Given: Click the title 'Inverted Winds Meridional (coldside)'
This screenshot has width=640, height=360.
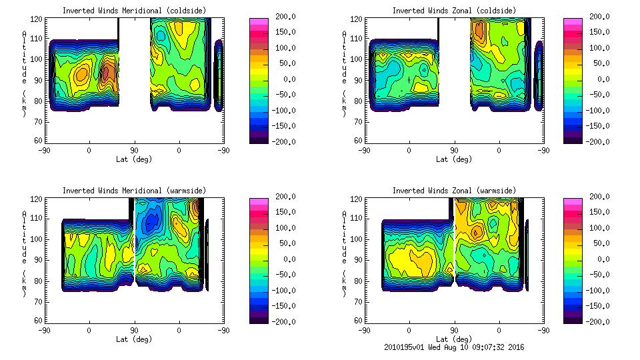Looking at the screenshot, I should click(x=134, y=11).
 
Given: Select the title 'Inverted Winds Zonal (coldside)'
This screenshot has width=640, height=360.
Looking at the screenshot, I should click(x=454, y=11).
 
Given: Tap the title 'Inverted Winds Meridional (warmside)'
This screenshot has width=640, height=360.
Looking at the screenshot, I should click(x=134, y=191).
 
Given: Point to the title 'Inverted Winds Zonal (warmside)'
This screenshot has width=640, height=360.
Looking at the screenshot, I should click(x=454, y=191).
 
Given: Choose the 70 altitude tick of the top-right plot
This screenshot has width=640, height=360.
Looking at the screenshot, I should click(x=358, y=123).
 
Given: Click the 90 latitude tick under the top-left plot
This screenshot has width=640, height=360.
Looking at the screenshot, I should click(x=134, y=150).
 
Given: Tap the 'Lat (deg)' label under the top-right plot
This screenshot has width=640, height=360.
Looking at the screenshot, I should click(x=454, y=159).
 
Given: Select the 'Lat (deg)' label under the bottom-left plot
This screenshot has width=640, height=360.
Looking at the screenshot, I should click(x=134, y=339).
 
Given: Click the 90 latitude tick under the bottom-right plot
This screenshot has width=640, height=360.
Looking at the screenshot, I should click(x=454, y=330).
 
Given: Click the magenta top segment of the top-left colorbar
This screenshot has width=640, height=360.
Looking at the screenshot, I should click(x=259, y=21).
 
